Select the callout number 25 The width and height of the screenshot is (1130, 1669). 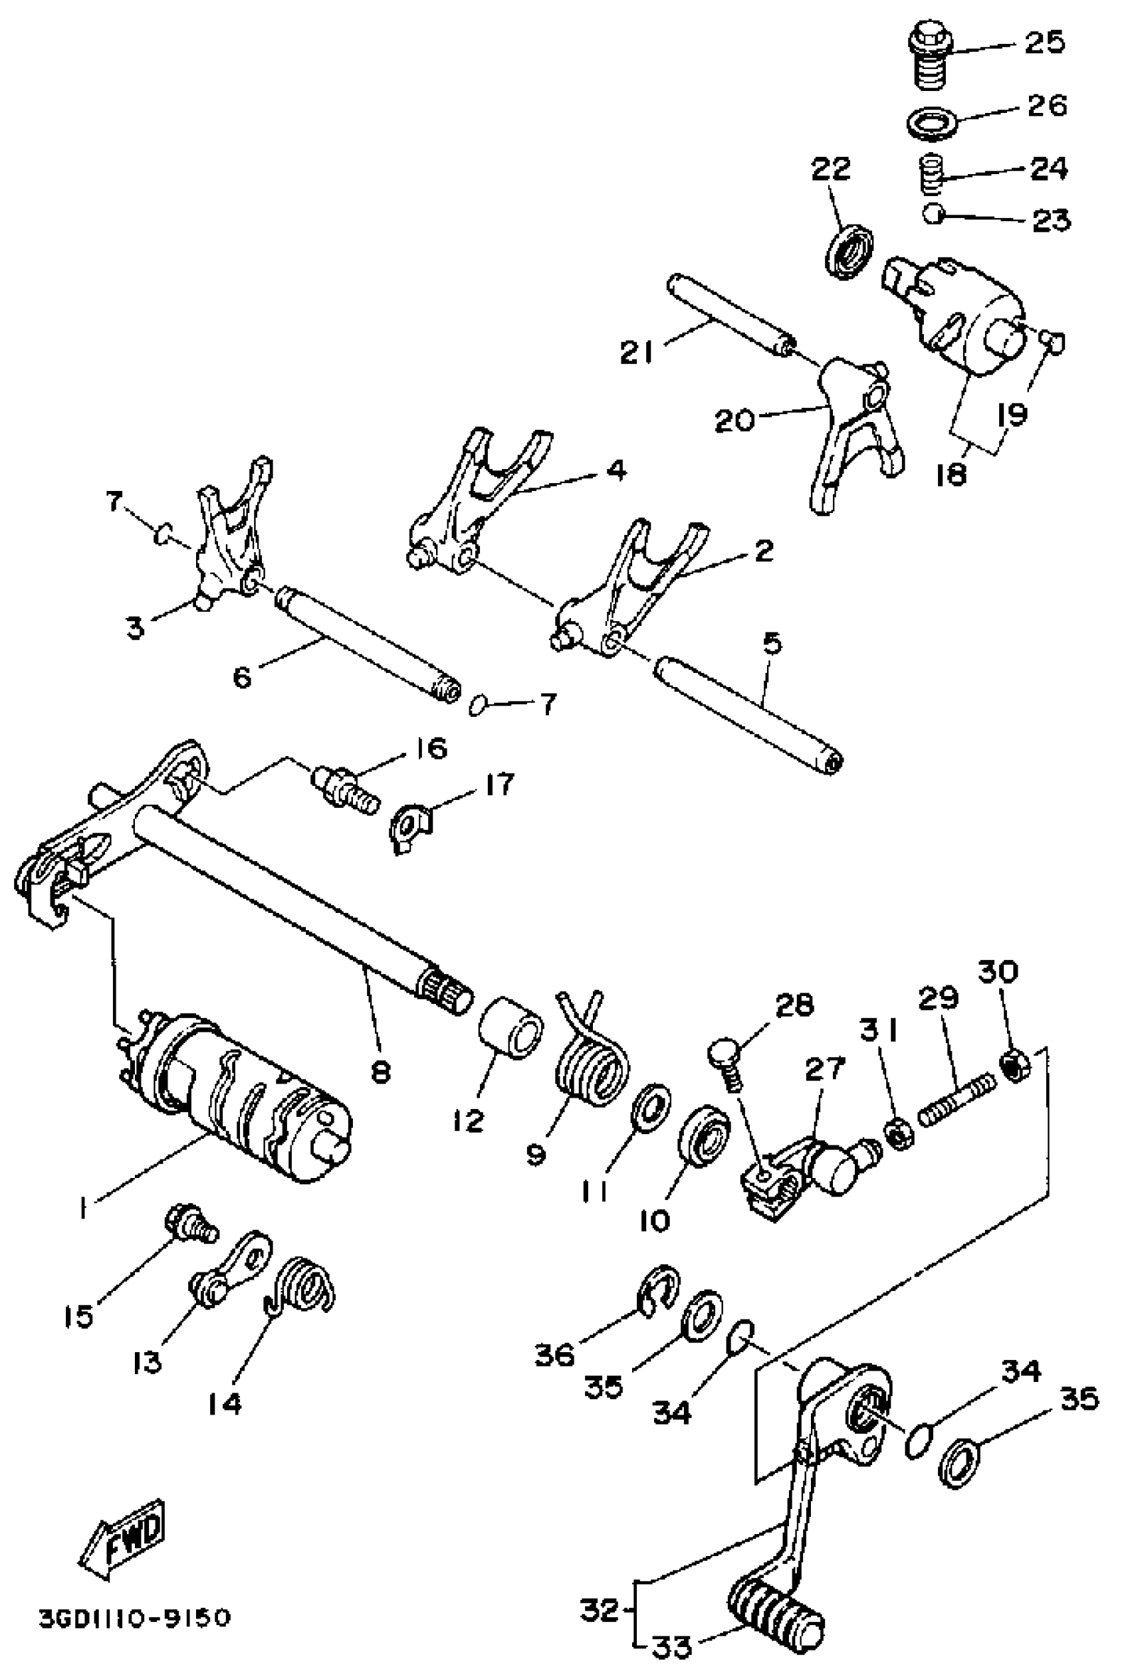coord(1044,43)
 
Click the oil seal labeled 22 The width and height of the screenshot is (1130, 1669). coord(850,250)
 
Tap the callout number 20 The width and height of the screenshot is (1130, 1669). coord(734,419)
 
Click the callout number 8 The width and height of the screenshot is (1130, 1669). coord(380,1072)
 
